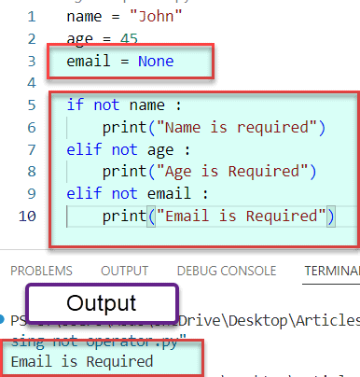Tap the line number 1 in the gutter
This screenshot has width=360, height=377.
pos(32,16)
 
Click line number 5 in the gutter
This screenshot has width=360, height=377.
pos(32,105)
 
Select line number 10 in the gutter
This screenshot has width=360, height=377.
pos(28,216)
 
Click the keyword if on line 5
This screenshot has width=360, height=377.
pos(74,105)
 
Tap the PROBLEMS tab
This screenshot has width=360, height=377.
pos(41,271)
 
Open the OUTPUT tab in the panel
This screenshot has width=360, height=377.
pos(124,271)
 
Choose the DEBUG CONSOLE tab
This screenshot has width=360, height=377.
pos(226,271)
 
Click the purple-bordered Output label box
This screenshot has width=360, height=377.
pos(101,304)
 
